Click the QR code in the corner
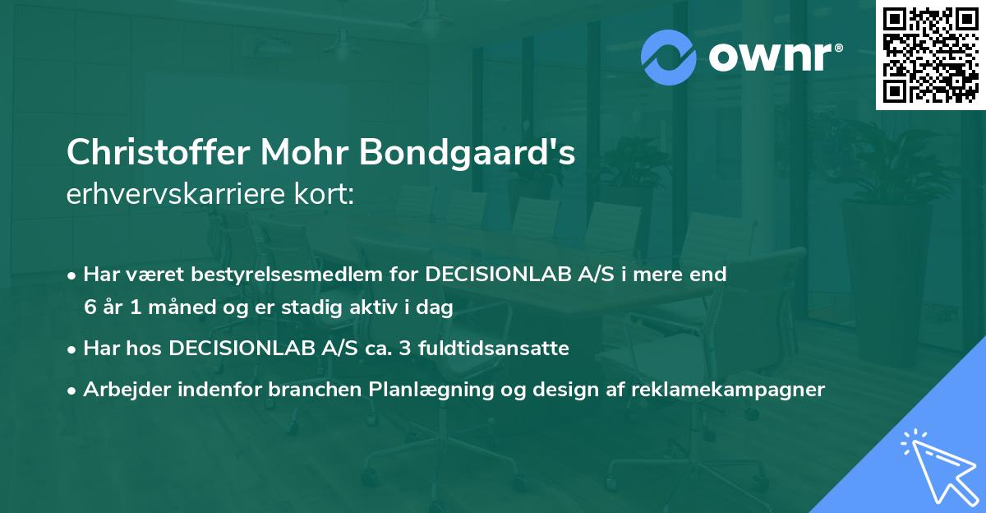[930, 55]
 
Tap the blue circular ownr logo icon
[669, 58]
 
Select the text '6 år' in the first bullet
[101, 307]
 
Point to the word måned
[168, 307]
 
